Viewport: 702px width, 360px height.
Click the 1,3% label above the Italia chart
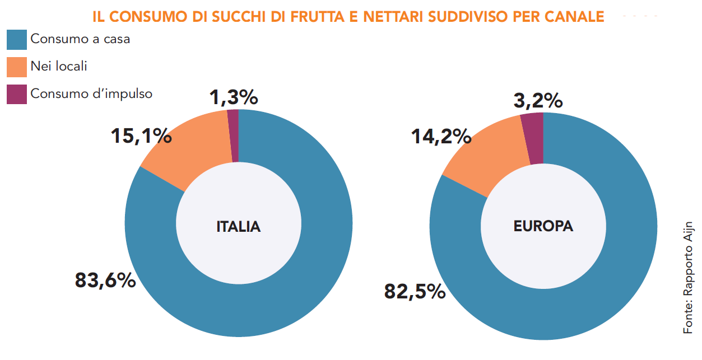coord(234,97)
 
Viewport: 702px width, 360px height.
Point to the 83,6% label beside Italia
coord(105,280)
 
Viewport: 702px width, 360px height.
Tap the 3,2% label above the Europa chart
coord(538,101)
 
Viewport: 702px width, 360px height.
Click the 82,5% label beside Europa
coord(415,291)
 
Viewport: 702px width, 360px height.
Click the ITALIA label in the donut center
coord(239,227)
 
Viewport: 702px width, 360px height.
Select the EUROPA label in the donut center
coord(543,226)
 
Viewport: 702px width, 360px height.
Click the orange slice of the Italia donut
coord(188,148)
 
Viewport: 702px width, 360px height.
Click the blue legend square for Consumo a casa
coord(17,40)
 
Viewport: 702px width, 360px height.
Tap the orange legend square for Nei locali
coord(17,67)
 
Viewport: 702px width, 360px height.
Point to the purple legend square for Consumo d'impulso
coord(17,93)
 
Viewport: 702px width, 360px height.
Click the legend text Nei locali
coord(59,67)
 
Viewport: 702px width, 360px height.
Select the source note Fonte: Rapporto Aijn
coord(688,277)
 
